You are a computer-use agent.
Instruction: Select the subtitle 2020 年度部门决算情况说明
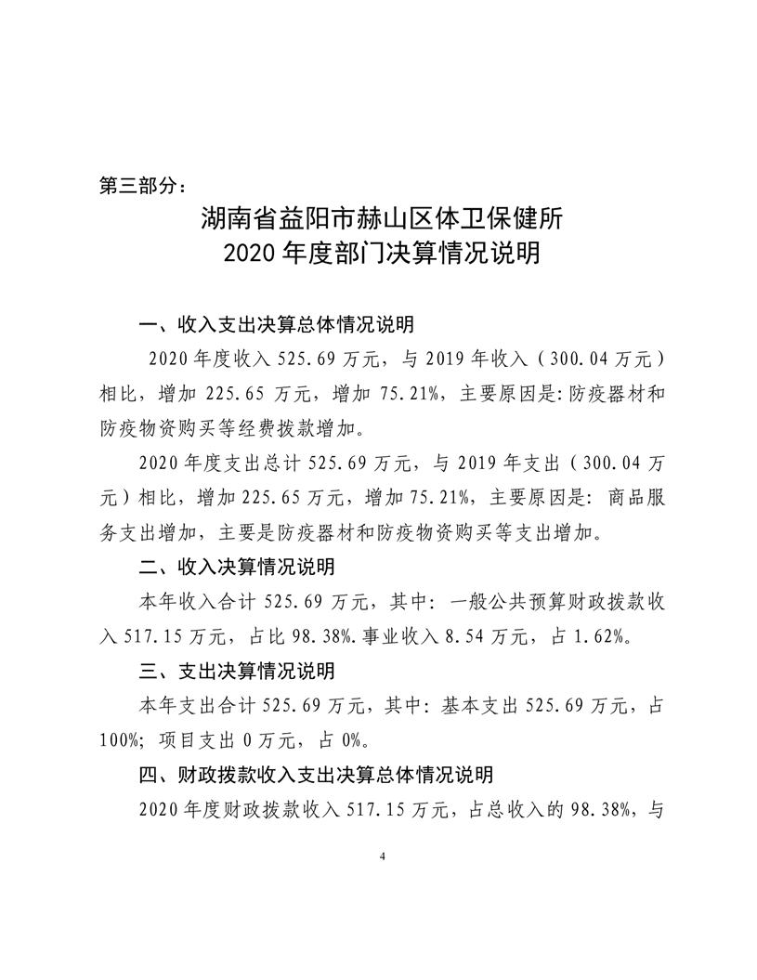coord(381,253)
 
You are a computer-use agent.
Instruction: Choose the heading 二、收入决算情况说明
coord(236,567)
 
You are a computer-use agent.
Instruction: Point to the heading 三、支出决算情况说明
coord(236,670)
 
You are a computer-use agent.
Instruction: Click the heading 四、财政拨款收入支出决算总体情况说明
coord(315,773)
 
